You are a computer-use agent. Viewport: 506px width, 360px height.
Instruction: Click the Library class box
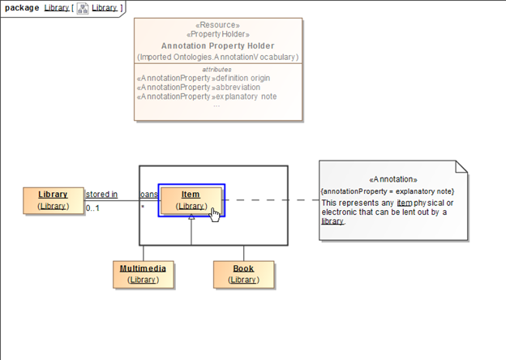click(x=54, y=199)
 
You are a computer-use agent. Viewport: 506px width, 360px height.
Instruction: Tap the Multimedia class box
click(x=143, y=274)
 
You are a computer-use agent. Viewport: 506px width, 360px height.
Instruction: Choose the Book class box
click(x=242, y=274)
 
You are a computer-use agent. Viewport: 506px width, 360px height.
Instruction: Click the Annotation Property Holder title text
click(x=217, y=46)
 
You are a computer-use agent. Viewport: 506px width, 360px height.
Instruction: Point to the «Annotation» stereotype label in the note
click(x=392, y=179)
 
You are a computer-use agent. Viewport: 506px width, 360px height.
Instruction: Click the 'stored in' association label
click(x=101, y=195)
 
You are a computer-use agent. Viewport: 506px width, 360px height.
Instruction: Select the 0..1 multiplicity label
click(x=92, y=208)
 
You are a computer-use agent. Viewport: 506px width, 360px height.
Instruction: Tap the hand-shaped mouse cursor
click(x=216, y=214)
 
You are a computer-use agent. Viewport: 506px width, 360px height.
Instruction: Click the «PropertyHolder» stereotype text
click(x=217, y=35)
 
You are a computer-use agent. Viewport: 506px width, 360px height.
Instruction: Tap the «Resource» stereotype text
click(x=217, y=25)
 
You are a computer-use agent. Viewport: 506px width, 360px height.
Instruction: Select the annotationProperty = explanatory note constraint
click(x=392, y=191)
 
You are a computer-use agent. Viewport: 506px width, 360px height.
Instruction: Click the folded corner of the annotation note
click(x=461, y=168)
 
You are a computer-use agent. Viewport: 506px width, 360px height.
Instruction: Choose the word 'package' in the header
click(x=22, y=7)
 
